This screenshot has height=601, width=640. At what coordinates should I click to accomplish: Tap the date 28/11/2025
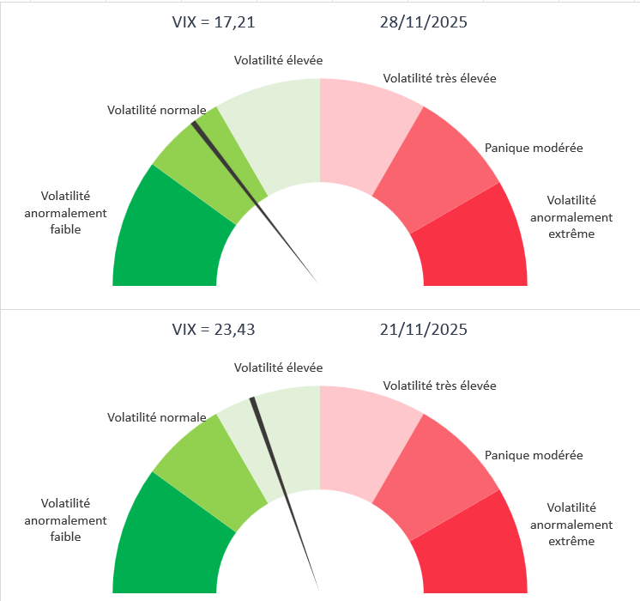pyautogui.click(x=423, y=23)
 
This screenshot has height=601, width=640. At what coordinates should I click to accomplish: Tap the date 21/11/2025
pyautogui.click(x=423, y=329)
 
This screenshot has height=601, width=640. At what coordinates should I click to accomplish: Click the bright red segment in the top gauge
pyautogui.click(x=474, y=240)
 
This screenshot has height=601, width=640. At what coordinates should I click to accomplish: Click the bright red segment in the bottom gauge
pyautogui.click(x=474, y=547)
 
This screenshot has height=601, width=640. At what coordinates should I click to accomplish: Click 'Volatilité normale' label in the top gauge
pyautogui.click(x=156, y=110)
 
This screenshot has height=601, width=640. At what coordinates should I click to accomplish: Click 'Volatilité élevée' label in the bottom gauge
pyautogui.click(x=279, y=367)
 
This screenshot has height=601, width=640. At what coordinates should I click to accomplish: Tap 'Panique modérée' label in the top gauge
pyautogui.click(x=534, y=148)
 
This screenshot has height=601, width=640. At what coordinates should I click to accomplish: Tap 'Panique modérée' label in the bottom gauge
pyautogui.click(x=534, y=455)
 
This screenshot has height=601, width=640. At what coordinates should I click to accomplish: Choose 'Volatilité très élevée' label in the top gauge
pyautogui.click(x=439, y=78)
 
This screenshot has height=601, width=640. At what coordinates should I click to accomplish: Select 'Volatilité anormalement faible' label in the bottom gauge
pyautogui.click(x=65, y=519)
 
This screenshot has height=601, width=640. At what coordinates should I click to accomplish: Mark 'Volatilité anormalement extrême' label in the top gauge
pyautogui.click(x=571, y=216)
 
